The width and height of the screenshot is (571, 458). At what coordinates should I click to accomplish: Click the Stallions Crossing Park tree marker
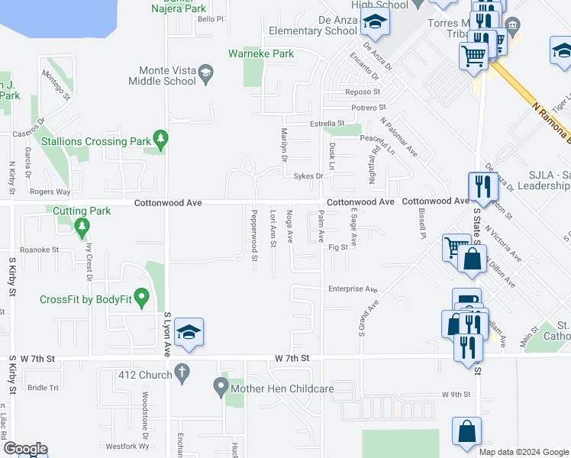[x=160, y=139]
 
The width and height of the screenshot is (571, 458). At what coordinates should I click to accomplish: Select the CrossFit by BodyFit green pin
[x=140, y=297]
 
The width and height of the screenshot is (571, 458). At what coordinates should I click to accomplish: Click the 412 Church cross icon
[x=181, y=373]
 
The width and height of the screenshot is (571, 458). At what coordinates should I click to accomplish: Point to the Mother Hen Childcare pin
[x=220, y=388]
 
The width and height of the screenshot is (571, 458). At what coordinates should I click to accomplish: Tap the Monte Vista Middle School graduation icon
[x=205, y=74]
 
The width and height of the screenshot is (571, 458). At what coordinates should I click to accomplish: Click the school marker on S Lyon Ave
[x=189, y=334]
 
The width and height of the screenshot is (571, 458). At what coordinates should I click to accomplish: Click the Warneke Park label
[x=261, y=54]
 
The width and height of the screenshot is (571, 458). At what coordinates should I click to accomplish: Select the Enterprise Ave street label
[x=353, y=289]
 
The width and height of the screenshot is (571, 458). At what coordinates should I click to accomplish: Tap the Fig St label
[x=338, y=247]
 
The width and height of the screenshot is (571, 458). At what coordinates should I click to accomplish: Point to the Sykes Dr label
[x=308, y=176]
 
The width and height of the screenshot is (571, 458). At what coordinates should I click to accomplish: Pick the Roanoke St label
[x=39, y=250]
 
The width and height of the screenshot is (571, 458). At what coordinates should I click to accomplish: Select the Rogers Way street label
[x=50, y=192]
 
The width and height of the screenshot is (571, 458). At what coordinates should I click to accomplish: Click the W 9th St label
[x=454, y=395]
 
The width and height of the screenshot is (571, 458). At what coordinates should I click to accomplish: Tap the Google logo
[x=25, y=449]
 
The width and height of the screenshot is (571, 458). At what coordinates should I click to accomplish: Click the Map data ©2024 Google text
[x=524, y=452]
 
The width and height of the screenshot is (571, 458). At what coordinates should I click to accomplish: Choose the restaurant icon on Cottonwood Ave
[x=482, y=185]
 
